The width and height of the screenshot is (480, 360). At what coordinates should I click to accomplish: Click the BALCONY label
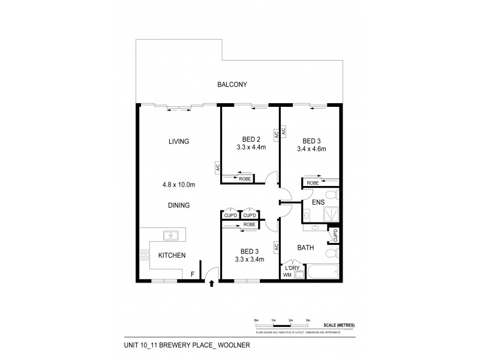(232, 85)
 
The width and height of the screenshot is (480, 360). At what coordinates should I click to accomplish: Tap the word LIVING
(179, 142)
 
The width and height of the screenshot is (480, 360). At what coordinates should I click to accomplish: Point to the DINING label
(179, 205)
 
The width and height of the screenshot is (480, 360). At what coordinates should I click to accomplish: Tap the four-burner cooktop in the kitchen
(144, 254)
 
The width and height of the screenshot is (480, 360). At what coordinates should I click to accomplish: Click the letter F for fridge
(192, 274)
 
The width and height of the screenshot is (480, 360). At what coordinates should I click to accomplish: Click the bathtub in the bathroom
(325, 271)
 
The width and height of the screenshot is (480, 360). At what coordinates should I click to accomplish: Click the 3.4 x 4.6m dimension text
(311, 149)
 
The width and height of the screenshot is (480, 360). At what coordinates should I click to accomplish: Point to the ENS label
(318, 203)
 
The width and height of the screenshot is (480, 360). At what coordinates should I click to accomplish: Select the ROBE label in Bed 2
(245, 178)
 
